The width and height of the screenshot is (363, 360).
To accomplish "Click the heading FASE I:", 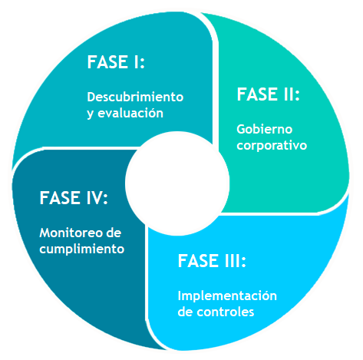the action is (x=116, y=62).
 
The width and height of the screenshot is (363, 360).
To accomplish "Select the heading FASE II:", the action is (x=268, y=94).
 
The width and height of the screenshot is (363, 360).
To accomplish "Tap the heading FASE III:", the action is (x=212, y=261).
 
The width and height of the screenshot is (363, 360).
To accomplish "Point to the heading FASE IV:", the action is (x=74, y=198).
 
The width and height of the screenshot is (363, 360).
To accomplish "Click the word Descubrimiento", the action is (x=135, y=97).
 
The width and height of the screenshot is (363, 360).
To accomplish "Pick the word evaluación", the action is (x=130, y=113).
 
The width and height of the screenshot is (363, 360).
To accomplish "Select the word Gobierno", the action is (x=265, y=129).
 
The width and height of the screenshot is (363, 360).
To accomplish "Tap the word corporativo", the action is (x=272, y=146).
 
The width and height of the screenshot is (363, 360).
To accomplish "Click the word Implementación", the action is (x=227, y=296).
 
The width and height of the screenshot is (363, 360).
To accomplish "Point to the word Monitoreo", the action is (x=68, y=233).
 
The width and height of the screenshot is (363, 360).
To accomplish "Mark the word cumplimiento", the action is (x=82, y=249).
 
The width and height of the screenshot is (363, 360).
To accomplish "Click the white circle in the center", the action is (x=177, y=183).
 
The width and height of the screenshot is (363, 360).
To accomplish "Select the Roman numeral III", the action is (x=232, y=261).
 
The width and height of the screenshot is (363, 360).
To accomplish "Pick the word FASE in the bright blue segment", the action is (x=198, y=261).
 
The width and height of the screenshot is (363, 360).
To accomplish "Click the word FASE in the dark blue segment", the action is (x=60, y=198).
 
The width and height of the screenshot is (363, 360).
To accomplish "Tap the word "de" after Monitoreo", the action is (x=114, y=233).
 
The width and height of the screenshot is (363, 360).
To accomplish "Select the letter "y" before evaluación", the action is (x=91, y=114).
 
